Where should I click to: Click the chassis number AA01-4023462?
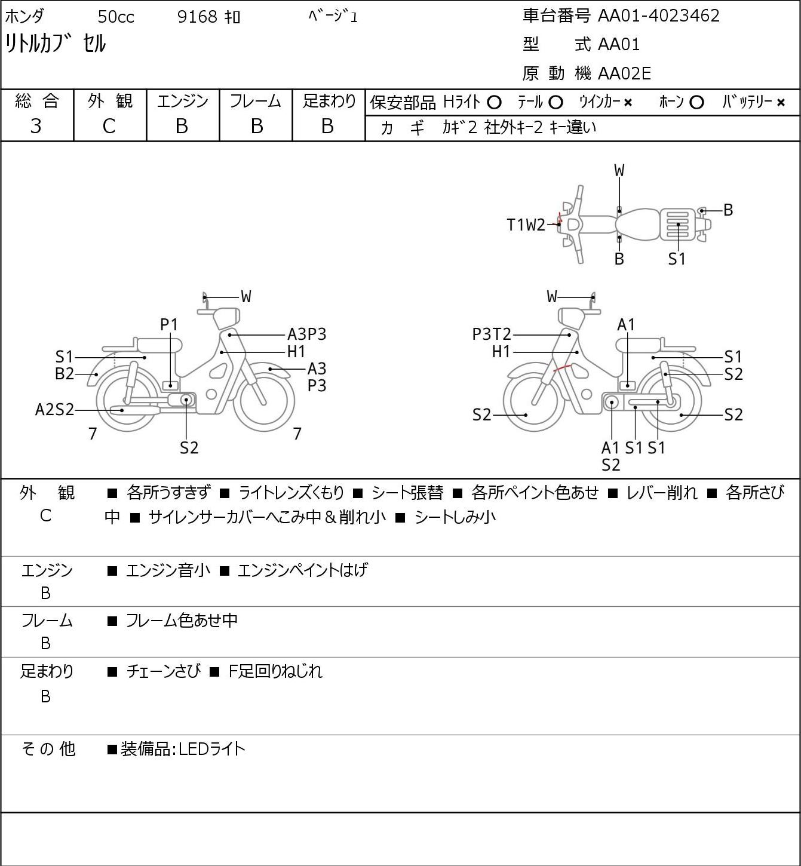click(x=658, y=16)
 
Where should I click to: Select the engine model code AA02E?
click(x=624, y=73)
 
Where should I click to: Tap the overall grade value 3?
click(x=36, y=127)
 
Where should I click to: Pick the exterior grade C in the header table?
click(x=109, y=127)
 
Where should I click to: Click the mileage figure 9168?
click(x=197, y=17)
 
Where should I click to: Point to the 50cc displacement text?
click(x=116, y=17)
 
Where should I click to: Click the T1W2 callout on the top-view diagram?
click(x=526, y=225)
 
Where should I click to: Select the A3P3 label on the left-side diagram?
click(x=306, y=334)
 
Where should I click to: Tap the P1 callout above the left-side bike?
click(x=169, y=325)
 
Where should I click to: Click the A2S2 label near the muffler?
click(x=54, y=410)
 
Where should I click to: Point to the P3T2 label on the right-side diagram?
click(x=492, y=334)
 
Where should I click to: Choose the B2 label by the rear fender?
click(x=65, y=374)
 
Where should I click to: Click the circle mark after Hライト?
click(x=494, y=103)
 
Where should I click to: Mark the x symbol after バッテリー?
click(x=781, y=103)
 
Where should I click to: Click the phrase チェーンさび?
click(x=164, y=671)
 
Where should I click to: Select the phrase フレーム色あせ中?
click(x=182, y=620)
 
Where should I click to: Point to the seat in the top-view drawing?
click(x=637, y=225)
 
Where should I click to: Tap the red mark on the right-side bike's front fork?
click(x=562, y=368)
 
